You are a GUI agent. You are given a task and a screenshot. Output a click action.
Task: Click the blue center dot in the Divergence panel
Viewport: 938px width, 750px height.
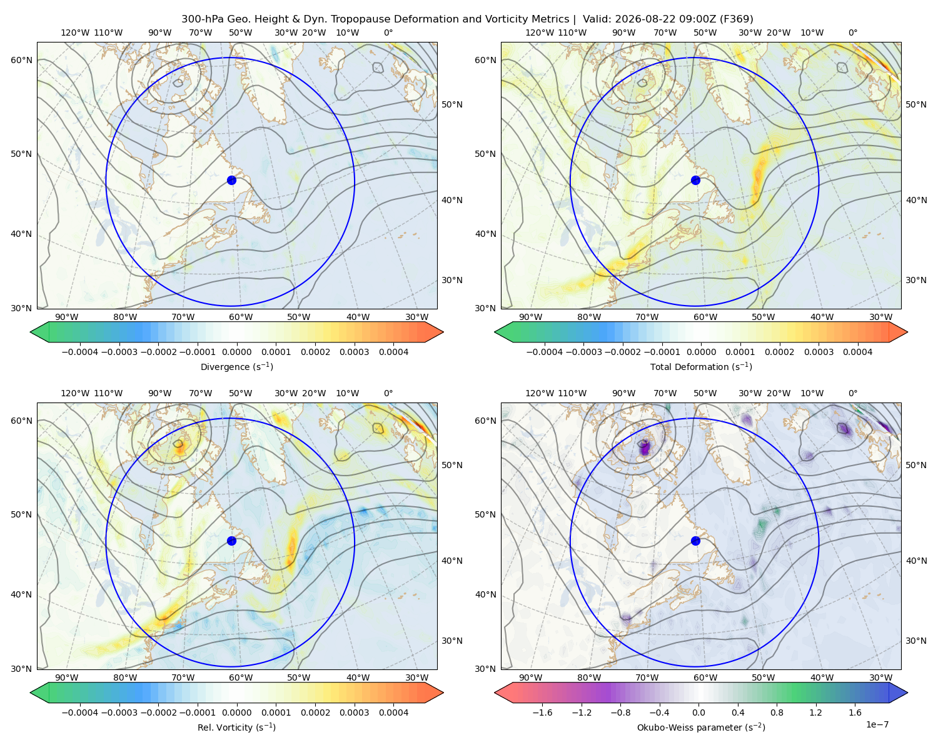click(231, 181)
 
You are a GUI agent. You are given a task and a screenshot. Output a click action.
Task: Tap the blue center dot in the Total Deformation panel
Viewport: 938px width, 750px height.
click(695, 181)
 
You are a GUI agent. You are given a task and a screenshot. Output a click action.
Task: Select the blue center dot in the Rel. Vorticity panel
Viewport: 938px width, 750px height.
click(231, 541)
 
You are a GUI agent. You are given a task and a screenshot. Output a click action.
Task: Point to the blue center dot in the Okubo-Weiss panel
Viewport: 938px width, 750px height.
click(695, 541)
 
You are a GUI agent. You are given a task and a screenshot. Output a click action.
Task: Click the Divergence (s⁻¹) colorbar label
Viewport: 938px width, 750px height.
click(236, 367)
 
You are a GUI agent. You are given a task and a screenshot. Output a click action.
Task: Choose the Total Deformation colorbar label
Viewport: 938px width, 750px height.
click(701, 367)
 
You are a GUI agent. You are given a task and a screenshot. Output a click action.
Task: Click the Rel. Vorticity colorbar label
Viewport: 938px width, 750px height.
click(236, 727)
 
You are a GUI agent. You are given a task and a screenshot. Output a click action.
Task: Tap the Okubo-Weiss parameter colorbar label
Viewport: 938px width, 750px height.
click(701, 727)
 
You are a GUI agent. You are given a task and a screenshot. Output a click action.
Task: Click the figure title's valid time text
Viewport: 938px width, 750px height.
click(668, 19)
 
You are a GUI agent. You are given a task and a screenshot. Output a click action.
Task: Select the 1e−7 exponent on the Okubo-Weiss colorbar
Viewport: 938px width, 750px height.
click(877, 725)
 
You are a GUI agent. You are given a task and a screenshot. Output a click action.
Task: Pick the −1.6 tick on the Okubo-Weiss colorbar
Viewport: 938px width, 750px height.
click(542, 712)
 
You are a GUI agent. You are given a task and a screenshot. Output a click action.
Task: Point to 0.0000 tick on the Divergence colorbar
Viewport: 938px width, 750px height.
click(236, 352)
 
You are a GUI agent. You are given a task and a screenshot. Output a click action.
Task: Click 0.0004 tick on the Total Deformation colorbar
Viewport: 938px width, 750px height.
click(857, 352)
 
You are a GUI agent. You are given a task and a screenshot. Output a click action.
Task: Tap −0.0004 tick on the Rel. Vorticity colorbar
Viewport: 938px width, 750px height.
click(80, 712)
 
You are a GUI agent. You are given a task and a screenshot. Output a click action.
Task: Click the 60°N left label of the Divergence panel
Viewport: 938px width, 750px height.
click(21, 60)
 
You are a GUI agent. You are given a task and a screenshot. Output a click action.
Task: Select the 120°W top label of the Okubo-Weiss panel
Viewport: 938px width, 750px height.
click(539, 393)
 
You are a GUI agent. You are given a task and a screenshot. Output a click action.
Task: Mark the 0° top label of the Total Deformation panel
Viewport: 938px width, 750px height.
click(852, 32)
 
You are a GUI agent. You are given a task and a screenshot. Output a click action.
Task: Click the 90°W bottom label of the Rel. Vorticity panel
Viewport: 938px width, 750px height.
click(67, 677)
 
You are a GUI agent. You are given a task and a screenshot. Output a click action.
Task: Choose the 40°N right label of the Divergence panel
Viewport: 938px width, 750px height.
click(452, 200)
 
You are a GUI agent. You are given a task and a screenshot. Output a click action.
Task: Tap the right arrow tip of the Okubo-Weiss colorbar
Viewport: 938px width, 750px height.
click(907, 692)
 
